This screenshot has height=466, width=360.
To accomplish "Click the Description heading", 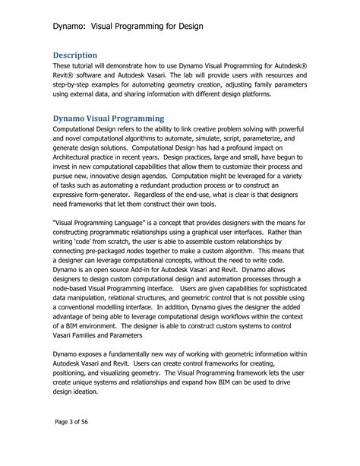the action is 76,55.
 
